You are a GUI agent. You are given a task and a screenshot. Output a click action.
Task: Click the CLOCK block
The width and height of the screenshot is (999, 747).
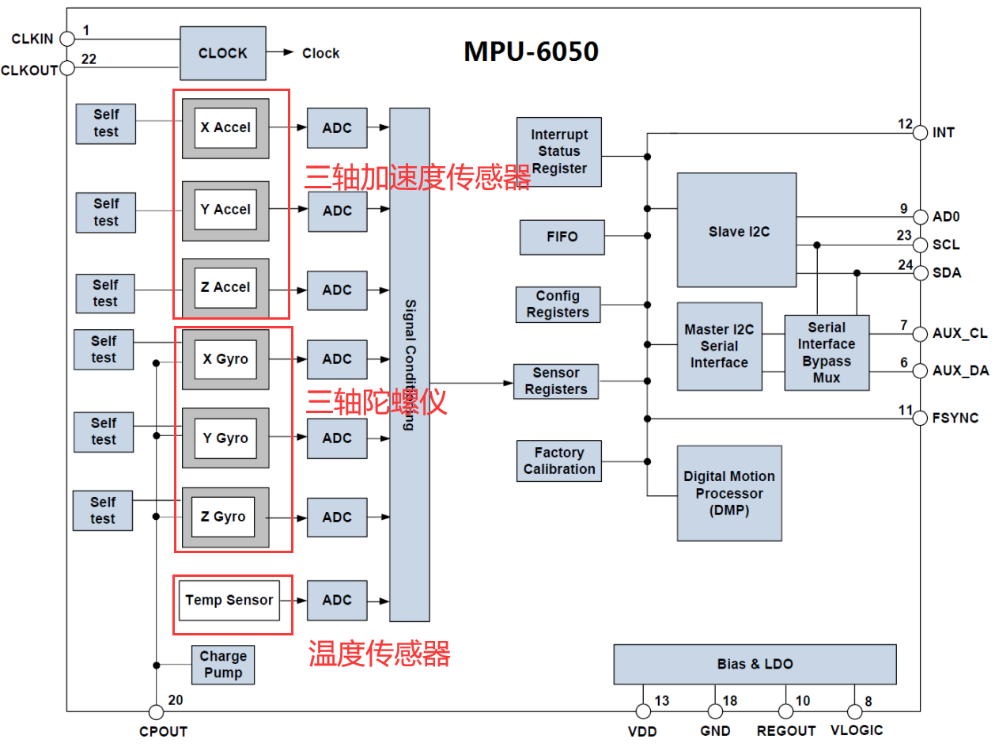pos(222,53)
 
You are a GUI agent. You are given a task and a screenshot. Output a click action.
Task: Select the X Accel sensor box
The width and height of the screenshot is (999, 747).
pos(225,128)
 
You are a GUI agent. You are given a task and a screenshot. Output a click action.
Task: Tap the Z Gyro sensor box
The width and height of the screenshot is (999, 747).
pos(225,517)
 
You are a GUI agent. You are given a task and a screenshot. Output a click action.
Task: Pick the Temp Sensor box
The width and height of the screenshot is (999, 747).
pos(229,600)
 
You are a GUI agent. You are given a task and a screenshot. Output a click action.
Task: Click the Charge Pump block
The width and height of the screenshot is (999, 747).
pos(223,665)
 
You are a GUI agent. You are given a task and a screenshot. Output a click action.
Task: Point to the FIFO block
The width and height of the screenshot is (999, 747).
pos(562,237)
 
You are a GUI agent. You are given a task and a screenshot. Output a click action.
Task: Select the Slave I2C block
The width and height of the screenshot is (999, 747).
pos(736,230)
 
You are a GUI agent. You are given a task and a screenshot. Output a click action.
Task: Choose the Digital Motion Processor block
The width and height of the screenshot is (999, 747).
pos(729,493)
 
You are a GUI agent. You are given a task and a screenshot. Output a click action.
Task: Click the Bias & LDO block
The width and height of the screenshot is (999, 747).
pos(755,664)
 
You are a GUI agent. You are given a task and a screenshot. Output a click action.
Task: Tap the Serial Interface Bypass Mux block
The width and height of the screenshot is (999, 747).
pos(827,352)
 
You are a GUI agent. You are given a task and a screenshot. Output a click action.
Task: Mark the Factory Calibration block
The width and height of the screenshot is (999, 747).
pos(559,461)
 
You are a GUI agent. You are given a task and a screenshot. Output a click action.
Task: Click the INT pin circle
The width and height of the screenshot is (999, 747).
pos(920,133)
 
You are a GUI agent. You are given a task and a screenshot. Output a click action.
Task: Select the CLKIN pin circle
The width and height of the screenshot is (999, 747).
pos(67,39)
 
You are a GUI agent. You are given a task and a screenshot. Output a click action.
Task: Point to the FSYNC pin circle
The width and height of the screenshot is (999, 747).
pos(920,418)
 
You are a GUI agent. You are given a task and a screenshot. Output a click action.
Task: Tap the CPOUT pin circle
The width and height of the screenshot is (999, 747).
pos(156,711)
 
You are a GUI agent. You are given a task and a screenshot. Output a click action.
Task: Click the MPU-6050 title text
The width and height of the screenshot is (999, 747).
pos(531,51)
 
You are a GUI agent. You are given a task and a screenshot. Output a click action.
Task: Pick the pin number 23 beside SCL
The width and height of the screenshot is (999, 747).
pos(904,235)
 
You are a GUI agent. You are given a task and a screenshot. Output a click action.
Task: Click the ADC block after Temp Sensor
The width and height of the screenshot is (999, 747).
pos(337,600)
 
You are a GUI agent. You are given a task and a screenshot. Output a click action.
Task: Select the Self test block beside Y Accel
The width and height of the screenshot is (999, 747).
pos(105,213)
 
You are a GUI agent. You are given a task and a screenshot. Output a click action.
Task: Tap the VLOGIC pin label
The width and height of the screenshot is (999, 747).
pos(857,730)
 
